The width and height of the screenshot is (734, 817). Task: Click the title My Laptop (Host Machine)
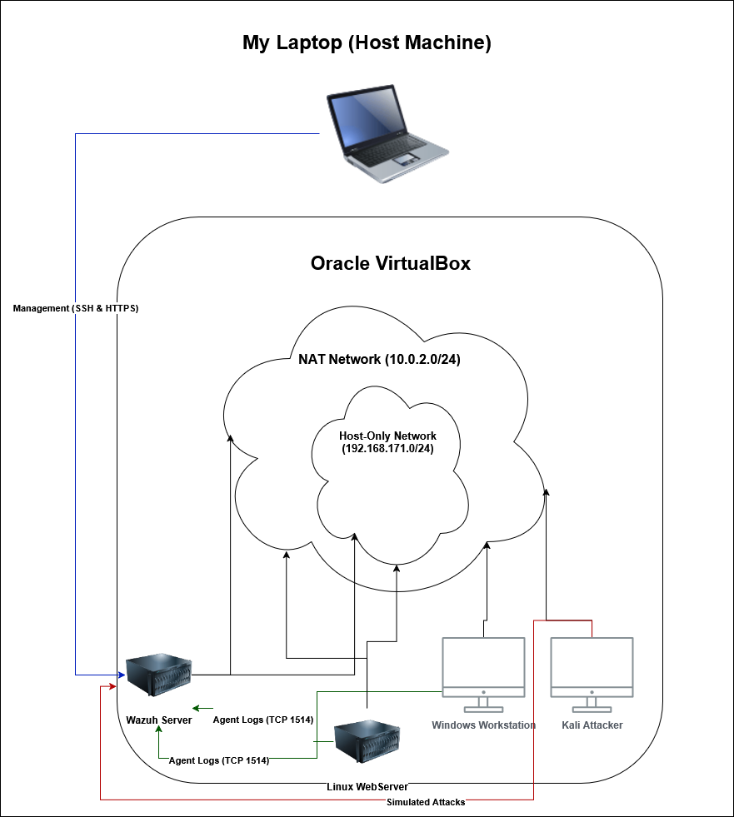click(x=367, y=43)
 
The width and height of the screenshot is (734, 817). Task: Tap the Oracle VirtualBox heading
click(x=391, y=263)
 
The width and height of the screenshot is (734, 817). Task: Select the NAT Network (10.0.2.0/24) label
click(x=380, y=360)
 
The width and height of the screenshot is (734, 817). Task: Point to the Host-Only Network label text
click(x=387, y=436)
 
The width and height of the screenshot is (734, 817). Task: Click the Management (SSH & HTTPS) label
click(x=76, y=308)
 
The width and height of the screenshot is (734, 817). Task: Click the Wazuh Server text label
click(x=158, y=720)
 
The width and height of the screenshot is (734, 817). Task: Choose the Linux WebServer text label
click(x=367, y=786)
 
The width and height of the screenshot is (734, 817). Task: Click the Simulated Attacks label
click(x=426, y=802)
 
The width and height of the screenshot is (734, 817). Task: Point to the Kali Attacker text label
click(x=592, y=725)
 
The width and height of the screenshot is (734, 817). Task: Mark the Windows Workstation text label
click(x=483, y=725)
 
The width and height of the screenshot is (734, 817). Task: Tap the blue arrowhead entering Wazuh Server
click(x=120, y=674)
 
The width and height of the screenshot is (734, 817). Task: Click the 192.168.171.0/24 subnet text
click(x=387, y=448)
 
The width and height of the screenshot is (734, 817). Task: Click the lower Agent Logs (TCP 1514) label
click(x=219, y=760)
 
